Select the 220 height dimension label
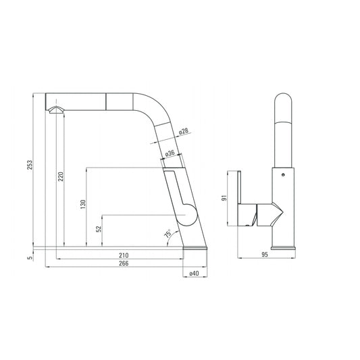(x=61, y=178)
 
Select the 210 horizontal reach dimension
(x=123, y=255)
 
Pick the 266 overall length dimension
(x=123, y=264)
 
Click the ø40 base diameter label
(x=194, y=274)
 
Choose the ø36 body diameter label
(x=170, y=153)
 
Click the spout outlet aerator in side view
(x=53, y=109)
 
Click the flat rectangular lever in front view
(x=246, y=199)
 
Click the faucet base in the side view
(x=196, y=249)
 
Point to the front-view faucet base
(x=283, y=247)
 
